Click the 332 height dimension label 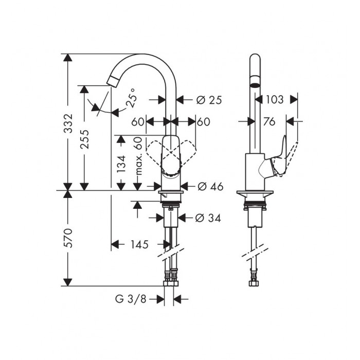coord(68,123)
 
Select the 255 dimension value coord(84,139)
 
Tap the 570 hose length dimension coord(68,238)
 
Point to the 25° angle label coord(132,98)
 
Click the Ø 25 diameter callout coord(209,100)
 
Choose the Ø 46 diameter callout coord(210,187)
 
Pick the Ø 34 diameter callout coord(208,218)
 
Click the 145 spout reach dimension coord(139,244)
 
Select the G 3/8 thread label coord(131,299)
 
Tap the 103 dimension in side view coord(275,100)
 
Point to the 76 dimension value coord(269,121)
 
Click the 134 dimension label coord(121,164)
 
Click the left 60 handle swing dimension coord(137,122)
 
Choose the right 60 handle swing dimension coord(204,122)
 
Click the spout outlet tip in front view coord(113,82)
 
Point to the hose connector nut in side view coord(254,283)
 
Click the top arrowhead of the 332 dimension coord(67,58)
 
